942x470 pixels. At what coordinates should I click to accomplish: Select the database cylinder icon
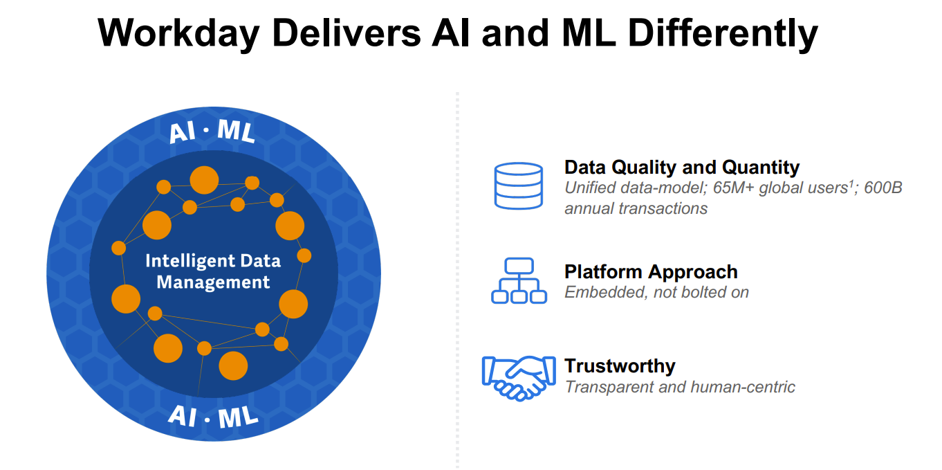(x=518, y=186)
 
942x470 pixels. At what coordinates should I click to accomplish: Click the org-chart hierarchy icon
(x=519, y=280)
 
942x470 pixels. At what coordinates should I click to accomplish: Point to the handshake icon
(x=518, y=377)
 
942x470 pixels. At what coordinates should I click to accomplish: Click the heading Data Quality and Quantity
(x=681, y=167)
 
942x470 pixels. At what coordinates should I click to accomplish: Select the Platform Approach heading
(x=651, y=271)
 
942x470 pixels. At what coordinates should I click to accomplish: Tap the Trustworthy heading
(x=620, y=365)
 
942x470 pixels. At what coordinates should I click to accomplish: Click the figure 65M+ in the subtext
(x=731, y=188)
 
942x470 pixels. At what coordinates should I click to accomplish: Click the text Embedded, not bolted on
(x=656, y=292)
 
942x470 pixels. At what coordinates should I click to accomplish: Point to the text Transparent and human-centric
(x=680, y=386)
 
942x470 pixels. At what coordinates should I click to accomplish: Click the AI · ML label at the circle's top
(x=212, y=132)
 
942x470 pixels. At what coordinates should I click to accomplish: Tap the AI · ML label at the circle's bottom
(x=213, y=416)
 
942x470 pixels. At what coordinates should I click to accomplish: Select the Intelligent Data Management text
(x=213, y=271)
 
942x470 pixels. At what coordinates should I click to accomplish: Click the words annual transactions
(x=636, y=208)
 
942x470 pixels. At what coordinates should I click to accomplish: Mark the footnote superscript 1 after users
(x=849, y=183)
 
